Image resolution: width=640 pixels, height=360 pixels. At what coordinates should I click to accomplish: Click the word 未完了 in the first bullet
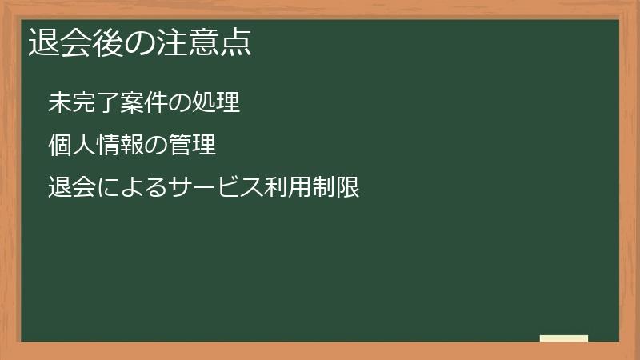(x=80, y=103)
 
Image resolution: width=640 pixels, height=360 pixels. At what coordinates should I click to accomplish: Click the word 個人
(x=69, y=146)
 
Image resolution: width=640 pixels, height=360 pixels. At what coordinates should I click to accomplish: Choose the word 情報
(x=112, y=146)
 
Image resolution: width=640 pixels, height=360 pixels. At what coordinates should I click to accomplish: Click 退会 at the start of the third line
(x=69, y=189)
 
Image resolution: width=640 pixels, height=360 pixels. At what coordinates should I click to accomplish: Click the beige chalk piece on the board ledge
(x=563, y=338)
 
